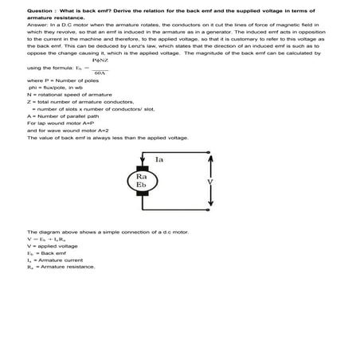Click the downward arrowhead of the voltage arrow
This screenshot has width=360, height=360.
point(210,205)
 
